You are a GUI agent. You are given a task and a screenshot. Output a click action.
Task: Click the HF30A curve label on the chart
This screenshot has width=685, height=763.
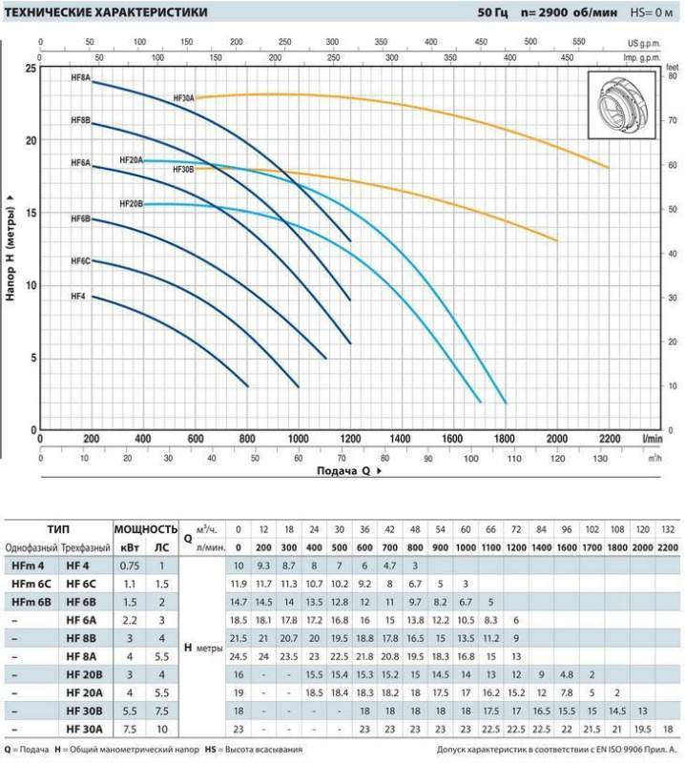point(183,98)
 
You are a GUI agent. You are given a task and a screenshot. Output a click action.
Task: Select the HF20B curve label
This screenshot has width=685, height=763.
point(131,203)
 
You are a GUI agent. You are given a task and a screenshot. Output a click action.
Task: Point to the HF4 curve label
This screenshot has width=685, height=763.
point(78,297)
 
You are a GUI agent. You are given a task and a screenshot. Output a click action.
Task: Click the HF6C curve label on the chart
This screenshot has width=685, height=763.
point(80,260)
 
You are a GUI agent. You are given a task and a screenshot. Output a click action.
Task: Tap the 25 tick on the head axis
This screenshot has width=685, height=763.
point(31,70)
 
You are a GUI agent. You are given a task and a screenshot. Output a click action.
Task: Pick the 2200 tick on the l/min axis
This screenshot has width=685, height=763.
point(608,440)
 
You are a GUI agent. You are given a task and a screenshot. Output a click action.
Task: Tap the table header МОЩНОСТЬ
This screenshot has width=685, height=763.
point(146,529)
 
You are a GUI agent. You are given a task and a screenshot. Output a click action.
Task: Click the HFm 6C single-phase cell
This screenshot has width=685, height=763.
point(31,583)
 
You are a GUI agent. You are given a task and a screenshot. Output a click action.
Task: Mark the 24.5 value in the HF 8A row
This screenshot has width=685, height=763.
point(239,656)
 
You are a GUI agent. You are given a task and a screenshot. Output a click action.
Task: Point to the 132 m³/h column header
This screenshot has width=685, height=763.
point(670,528)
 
